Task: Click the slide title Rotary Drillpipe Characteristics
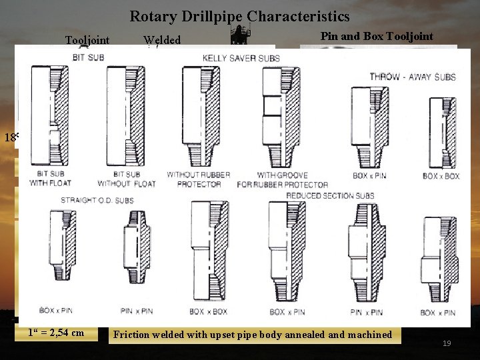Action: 239,15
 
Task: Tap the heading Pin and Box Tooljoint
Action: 377,37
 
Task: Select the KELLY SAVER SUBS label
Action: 241,58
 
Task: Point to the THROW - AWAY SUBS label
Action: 412,77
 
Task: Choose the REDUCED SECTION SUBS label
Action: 330,195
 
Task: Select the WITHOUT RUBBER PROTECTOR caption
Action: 199,179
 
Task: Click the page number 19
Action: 447,343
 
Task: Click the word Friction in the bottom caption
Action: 131,335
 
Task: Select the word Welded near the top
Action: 162,41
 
